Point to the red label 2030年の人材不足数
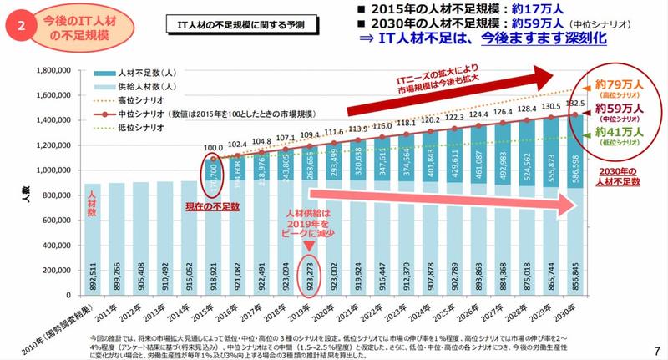[619, 176]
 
